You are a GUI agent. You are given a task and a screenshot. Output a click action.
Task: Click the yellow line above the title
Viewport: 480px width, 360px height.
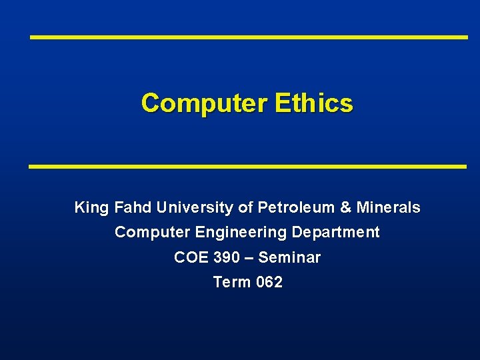pyautogui.click(x=249, y=37)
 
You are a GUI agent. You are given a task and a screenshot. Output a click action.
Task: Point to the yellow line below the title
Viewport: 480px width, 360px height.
pyautogui.click(x=247, y=166)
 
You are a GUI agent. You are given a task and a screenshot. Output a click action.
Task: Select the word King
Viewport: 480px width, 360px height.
pyautogui.click(x=92, y=208)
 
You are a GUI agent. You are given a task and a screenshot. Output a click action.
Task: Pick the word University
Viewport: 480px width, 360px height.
pyautogui.click(x=195, y=208)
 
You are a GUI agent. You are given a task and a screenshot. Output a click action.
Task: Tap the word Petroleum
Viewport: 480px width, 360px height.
pyautogui.click(x=297, y=208)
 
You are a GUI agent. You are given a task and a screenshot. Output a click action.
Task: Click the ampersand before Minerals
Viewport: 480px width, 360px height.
pyautogui.click(x=345, y=208)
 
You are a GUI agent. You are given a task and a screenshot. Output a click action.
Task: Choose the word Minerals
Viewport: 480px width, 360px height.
pyautogui.click(x=389, y=208)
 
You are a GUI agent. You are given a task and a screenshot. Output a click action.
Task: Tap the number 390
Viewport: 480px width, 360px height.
pyautogui.click(x=225, y=257)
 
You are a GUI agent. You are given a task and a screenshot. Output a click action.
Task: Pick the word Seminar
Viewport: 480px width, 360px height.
pyautogui.click(x=289, y=257)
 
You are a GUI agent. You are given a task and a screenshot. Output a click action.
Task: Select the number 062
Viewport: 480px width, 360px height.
pyautogui.click(x=269, y=282)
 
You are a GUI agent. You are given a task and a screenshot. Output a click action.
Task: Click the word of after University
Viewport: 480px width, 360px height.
pyautogui.click(x=245, y=208)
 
